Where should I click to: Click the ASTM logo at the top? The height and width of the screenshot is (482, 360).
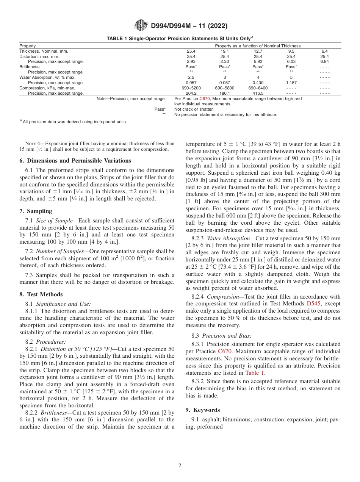point(141,26)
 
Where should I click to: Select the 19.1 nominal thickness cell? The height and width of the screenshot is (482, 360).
point(224,51)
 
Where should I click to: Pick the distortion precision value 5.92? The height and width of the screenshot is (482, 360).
point(258,61)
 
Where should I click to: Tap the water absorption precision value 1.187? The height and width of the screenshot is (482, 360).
point(291,82)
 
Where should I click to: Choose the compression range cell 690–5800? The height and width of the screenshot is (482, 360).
point(224,88)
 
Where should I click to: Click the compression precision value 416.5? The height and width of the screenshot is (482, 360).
point(258,93)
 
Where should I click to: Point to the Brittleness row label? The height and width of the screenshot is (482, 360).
point(30,67)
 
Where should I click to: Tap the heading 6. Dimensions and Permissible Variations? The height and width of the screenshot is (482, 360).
point(75,161)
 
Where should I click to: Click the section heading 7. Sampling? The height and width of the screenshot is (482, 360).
point(36,211)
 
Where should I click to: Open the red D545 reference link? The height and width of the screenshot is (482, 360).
point(313,303)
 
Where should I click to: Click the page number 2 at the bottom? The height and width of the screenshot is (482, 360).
point(180,466)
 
